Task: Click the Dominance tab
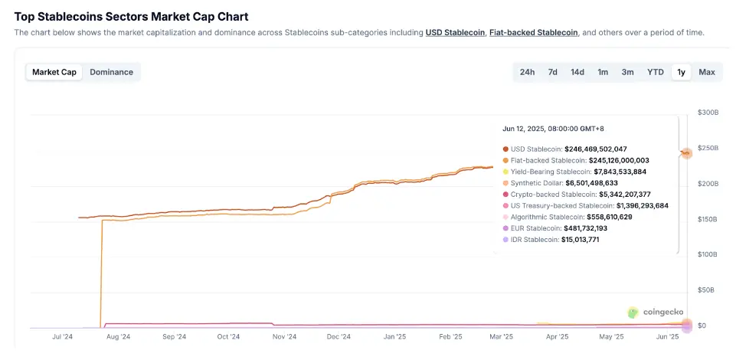(x=111, y=72)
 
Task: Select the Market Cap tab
(x=54, y=72)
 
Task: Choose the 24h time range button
(x=527, y=72)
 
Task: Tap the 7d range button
(x=552, y=72)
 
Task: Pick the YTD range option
(x=655, y=72)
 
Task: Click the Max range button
(x=706, y=72)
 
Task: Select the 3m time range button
(x=627, y=72)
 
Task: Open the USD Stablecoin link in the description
(x=455, y=32)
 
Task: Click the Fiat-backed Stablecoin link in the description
(x=534, y=32)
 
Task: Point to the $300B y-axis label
(x=708, y=113)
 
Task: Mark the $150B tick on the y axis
(x=708, y=219)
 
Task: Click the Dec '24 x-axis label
(x=339, y=336)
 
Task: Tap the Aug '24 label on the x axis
(x=119, y=336)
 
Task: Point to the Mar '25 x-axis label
(x=501, y=336)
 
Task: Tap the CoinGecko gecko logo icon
(x=633, y=313)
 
